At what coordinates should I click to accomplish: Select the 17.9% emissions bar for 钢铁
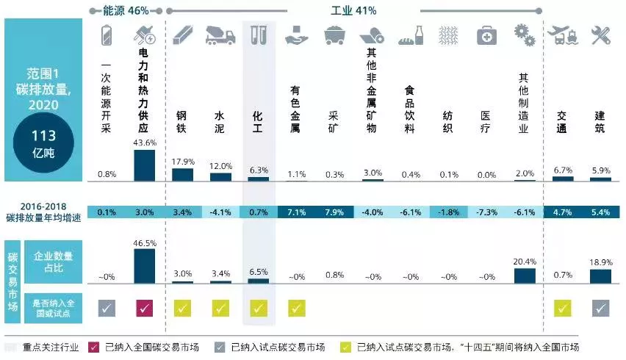point(182,174)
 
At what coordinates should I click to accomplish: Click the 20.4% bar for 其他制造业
point(524,276)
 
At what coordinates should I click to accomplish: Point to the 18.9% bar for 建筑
point(600,276)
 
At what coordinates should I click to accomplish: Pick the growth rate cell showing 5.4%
point(600,212)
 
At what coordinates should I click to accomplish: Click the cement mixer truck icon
point(220,35)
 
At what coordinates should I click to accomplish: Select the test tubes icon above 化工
point(259,35)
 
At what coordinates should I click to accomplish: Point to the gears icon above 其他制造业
point(524,35)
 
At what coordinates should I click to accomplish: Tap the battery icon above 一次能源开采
point(107,35)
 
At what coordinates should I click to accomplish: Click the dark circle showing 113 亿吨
point(43,143)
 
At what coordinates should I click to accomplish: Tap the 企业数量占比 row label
point(53,262)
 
